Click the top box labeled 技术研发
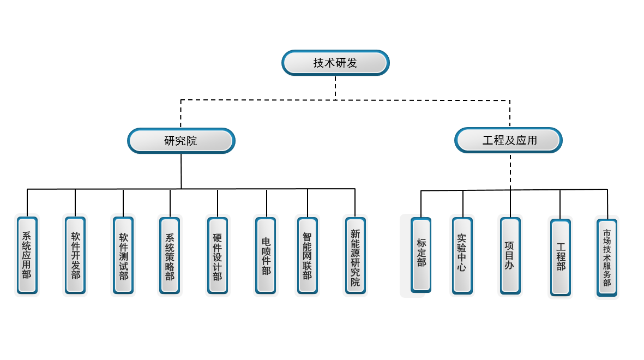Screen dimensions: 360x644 point(335,63)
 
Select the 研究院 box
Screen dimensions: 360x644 point(181,141)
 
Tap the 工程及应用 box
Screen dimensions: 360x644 point(509,140)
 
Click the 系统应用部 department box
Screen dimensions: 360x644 point(27,255)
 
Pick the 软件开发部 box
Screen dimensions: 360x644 point(75,255)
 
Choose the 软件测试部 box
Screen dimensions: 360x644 point(123,255)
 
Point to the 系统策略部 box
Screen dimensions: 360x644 point(170,255)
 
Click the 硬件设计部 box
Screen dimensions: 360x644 point(218,255)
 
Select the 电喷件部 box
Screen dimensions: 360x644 point(266,255)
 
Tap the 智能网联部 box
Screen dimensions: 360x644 point(307,255)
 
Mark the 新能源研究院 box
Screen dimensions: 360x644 point(355,255)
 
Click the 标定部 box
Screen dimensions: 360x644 point(421,255)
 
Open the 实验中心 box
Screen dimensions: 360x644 point(462,255)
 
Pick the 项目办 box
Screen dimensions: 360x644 point(510,255)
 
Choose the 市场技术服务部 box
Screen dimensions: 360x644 point(607,258)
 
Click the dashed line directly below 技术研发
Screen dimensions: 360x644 point(335,87)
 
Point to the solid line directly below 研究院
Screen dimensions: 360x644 point(181,171)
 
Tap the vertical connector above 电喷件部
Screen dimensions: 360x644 point(267,203)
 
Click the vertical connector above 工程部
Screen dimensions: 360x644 point(560,205)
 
